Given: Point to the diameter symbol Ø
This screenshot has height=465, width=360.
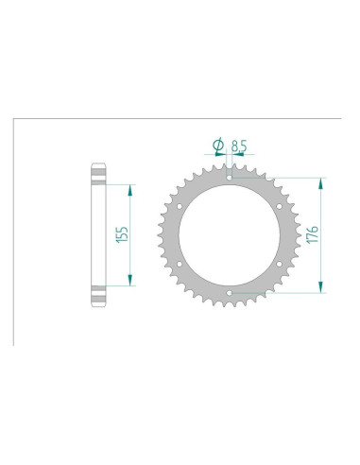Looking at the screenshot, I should (219, 145).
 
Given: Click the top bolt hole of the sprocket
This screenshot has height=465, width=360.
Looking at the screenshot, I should (231, 173).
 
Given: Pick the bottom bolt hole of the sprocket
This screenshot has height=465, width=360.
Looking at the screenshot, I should (231, 293).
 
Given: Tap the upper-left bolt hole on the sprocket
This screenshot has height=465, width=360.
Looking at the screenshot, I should (179, 202).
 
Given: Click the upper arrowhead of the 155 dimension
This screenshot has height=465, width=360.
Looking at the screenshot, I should (131, 187).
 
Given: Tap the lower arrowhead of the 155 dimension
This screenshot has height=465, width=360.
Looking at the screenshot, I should (131, 281).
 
